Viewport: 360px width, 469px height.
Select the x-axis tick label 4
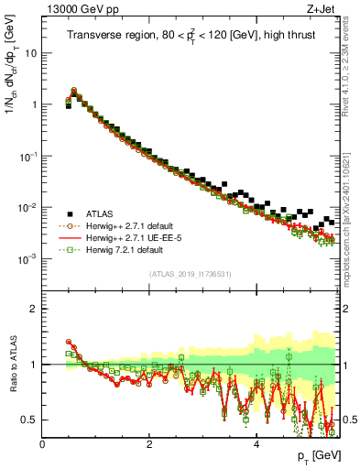(256, 444)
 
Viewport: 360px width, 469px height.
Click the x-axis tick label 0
(42, 444)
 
